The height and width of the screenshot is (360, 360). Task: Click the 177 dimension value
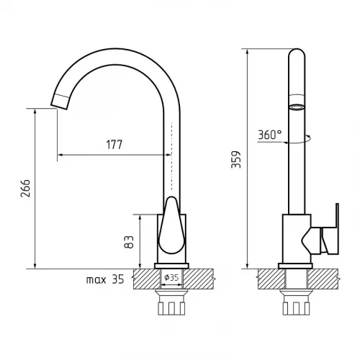114,145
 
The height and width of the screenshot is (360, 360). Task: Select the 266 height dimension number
25,189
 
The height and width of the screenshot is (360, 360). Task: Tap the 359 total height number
236,160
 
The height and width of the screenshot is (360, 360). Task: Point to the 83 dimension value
129,242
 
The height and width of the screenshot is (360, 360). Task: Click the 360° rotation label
270,135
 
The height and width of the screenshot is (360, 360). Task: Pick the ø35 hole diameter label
171,277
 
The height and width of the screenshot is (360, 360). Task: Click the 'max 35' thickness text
105,279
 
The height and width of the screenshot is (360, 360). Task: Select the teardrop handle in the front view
171,225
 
